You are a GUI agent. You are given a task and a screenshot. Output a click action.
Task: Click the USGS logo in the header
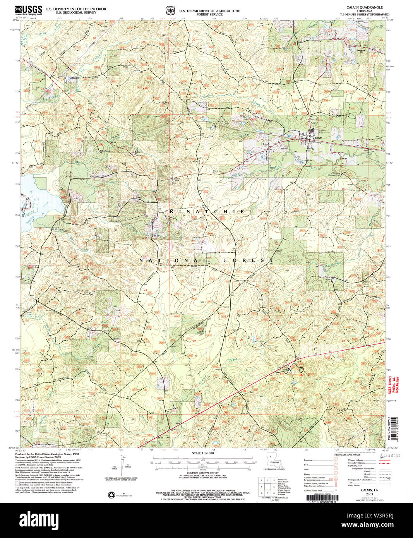29,10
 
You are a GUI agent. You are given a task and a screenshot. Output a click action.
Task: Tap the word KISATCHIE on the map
207,212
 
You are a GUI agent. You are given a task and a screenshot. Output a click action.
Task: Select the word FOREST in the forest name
248,260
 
